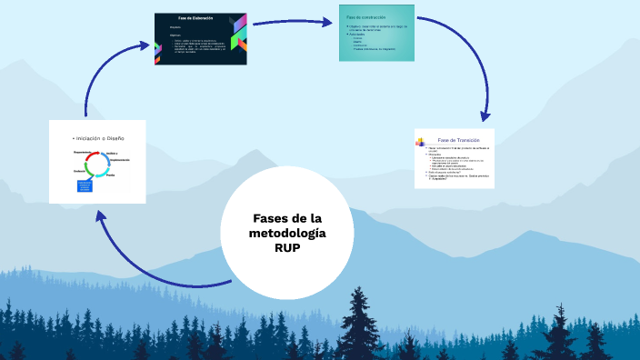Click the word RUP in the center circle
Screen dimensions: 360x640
[x=286, y=248]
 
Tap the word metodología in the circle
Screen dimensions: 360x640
[x=286, y=234]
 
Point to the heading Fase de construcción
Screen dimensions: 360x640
[x=363, y=18]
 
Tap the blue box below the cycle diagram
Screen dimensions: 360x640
[x=85, y=186]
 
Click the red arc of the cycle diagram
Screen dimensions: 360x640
[x=89, y=156]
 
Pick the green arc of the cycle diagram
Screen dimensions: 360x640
[x=88, y=173]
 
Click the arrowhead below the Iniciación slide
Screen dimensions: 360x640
[x=101, y=215]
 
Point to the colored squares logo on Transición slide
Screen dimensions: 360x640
[x=421, y=141]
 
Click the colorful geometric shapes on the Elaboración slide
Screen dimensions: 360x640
[x=238, y=36]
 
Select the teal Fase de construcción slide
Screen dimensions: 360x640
[x=377, y=34]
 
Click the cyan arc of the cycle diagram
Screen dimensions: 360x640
[x=107, y=165]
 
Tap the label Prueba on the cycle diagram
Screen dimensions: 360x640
[x=111, y=175]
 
